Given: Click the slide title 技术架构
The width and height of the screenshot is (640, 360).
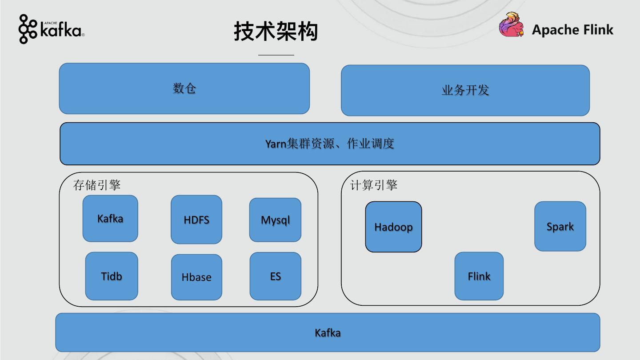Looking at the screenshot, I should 276,32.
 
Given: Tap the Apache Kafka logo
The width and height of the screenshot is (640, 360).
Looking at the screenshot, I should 51,29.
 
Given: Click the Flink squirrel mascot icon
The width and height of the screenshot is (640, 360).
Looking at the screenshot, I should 512,25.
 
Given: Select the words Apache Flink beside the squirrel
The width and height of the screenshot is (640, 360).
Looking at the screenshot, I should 572,30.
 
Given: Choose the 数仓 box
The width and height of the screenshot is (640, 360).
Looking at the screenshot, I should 184,88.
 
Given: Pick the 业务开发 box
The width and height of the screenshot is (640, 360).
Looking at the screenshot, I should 465,90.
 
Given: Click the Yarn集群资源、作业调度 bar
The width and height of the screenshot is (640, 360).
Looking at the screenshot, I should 329,144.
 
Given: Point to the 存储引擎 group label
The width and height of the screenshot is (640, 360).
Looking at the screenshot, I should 97,185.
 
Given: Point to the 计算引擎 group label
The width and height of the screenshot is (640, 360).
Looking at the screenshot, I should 374,185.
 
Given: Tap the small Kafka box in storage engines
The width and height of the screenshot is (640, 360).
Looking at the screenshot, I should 110,219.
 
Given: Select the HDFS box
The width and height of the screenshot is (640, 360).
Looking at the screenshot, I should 196,220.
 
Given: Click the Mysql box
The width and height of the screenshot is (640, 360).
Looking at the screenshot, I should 275,220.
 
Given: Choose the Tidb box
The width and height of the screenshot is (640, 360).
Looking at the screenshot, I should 112,276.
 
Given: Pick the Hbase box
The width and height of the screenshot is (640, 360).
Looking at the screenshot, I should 196,277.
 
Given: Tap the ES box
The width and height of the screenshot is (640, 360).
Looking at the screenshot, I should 276,276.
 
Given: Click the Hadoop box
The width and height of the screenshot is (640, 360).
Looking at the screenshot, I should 393,227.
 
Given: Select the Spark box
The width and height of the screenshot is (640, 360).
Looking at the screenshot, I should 560,226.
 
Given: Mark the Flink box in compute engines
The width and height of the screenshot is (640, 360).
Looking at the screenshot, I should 479,276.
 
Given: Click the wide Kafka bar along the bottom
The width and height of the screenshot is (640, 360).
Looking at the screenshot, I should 328,332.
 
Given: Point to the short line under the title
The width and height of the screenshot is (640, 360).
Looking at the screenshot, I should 276,55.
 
